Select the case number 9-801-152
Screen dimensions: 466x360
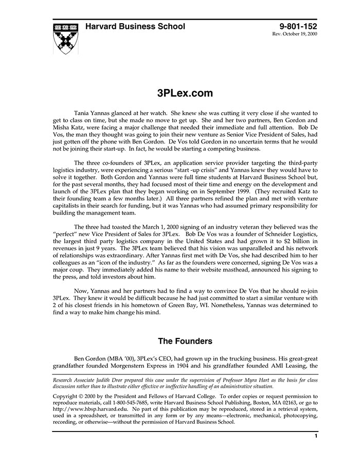click(x=299, y=27)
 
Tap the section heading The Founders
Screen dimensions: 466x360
click(x=185, y=341)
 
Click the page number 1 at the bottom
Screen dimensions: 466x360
click(x=316, y=436)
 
